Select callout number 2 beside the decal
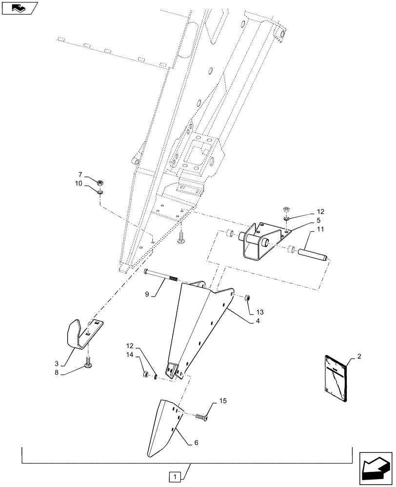[359, 357]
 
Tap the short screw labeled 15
[201, 417]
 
